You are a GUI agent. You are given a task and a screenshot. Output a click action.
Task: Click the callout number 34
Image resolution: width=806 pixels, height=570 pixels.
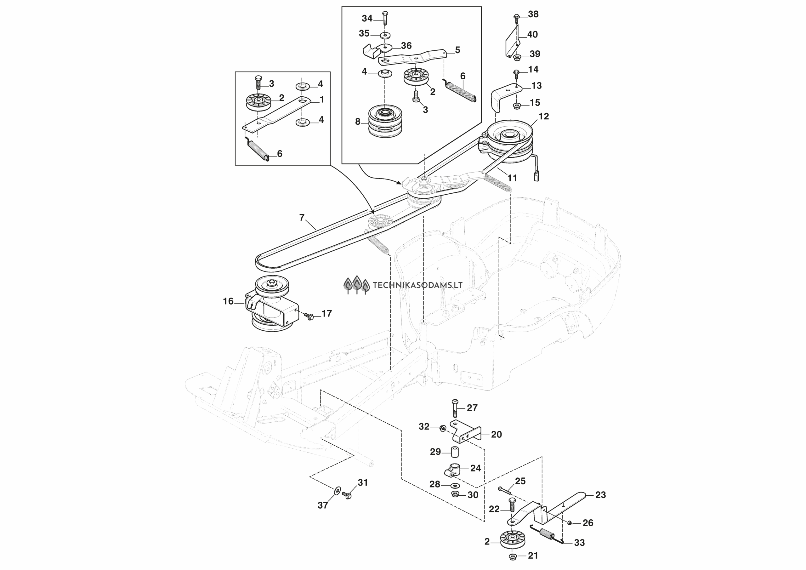[367, 18]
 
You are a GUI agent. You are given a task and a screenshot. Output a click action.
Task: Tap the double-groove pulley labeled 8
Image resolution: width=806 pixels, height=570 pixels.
[385, 121]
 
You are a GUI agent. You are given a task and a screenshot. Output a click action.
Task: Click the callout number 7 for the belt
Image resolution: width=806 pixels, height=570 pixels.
[302, 218]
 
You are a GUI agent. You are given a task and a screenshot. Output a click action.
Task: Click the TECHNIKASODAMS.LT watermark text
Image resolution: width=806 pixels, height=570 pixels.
[417, 285]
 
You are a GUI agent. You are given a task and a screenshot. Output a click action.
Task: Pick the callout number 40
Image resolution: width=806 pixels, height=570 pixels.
[532, 34]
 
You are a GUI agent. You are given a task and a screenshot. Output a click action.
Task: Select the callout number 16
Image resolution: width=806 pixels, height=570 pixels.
[228, 301]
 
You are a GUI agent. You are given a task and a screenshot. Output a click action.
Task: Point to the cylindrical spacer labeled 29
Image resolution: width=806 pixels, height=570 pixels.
[455, 452]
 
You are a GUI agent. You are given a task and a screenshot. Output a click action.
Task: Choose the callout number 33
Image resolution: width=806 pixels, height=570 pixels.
[579, 543]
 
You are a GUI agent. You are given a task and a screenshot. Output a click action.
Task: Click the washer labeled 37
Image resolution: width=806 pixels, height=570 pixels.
[337, 490]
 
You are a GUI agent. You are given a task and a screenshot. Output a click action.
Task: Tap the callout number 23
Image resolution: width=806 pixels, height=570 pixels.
[601, 495]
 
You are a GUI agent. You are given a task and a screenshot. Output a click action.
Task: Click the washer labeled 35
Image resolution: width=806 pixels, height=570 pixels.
[385, 35]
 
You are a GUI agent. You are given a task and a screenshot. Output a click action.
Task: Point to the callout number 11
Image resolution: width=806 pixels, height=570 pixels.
[512, 178]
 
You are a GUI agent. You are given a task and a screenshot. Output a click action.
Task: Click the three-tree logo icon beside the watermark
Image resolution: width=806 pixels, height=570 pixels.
[357, 284]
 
